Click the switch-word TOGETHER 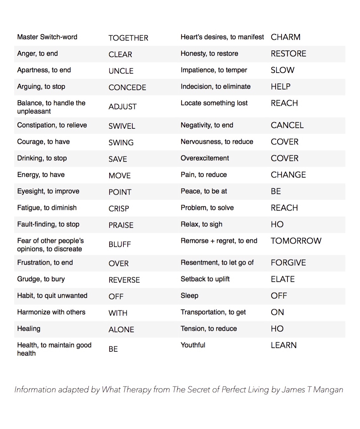[128, 38]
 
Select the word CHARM [285, 37]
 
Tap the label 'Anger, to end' [37, 53]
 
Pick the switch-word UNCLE [121, 71]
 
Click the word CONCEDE [127, 87]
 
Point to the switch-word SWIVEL [122, 126]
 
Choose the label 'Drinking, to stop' [42, 158]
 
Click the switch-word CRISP [119, 209]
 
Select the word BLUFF [120, 245]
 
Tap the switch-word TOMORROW [296, 241]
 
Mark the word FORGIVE [288, 263]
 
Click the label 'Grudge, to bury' [41, 279]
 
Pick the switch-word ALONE [121, 330]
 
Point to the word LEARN [284, 345]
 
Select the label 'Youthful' [193, 345]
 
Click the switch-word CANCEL [287, 125]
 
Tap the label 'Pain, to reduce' [204, 175]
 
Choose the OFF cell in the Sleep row [279, 296]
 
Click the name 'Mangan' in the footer [328, 390]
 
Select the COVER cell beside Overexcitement [284, 158]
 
